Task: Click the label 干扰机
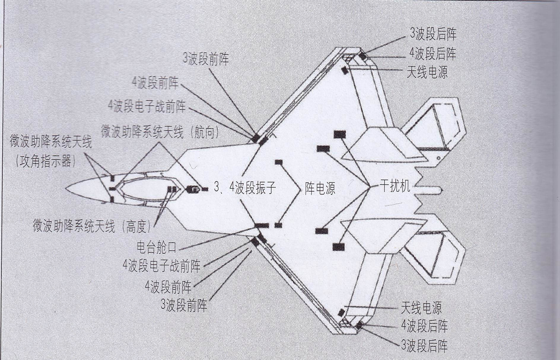[395, 187]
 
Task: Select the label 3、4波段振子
[245, 188]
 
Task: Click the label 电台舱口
[157, 247]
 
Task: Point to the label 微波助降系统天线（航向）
[160, 132]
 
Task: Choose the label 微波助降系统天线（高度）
[92, 226]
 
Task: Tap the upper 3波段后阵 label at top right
[433, 35]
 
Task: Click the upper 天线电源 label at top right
[427, 72]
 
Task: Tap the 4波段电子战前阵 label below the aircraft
[162, 265]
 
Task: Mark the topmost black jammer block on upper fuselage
[340, 134]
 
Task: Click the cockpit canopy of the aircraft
[139, 189]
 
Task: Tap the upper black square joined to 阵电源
[279, 162]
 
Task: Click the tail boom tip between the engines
[441, 189]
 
